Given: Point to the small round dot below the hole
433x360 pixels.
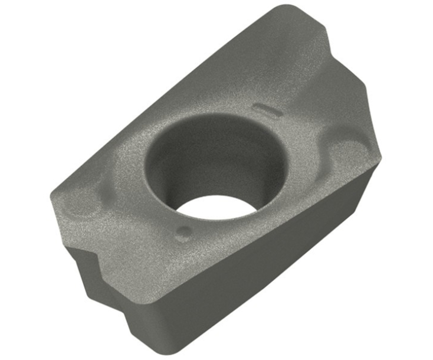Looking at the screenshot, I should click(x=183, y=232).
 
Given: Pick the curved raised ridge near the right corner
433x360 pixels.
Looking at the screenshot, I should click(x=345, y=142).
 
